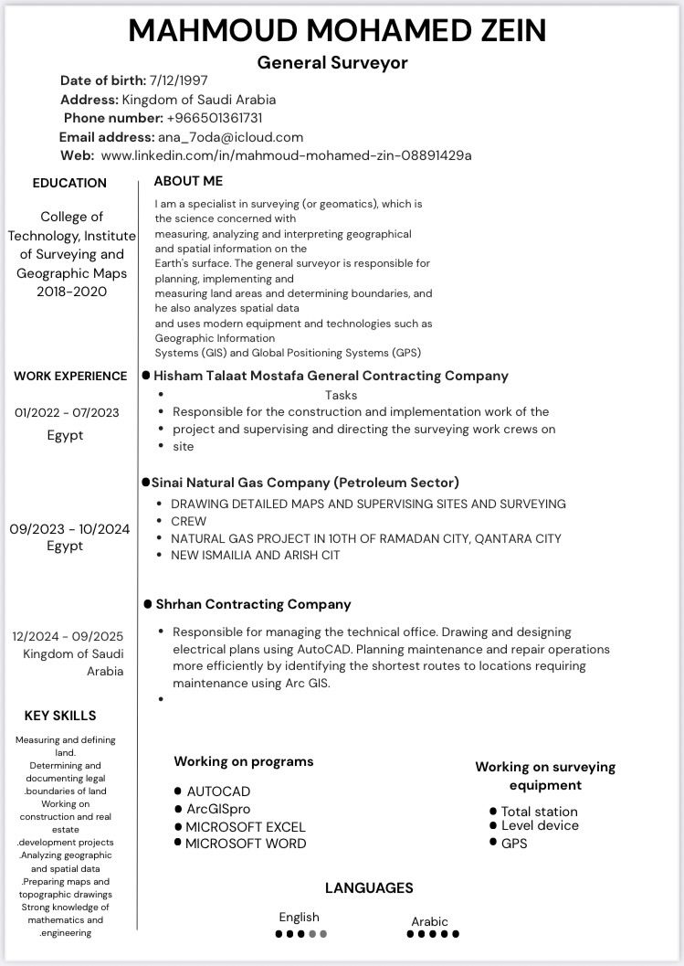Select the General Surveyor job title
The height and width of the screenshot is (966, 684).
click(x=332, y=62)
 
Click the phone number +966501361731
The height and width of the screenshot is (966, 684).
click(x=215, y=118)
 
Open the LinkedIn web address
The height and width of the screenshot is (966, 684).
click(x=286, y=155)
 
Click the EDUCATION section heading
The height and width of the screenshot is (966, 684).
click(x=69, y=183)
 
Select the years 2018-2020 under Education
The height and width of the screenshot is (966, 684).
click(x=72, y=292)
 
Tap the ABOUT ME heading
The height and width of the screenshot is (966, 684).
click(x=188, y=181)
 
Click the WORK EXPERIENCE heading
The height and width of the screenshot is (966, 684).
click(x=70, y=376)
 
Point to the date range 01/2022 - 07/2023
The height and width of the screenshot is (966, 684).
click(x=67, y=413)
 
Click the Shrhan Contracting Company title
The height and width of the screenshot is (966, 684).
click(x=253, y=604)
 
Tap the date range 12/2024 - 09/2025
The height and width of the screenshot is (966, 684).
click(x=68, y=636)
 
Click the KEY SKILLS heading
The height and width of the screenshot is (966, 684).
click(x=60, y=716)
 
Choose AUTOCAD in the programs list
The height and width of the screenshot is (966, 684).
click(x=218, y=791)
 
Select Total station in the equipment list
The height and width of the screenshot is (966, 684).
click(x=539, y=812)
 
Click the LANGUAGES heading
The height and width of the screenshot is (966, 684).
click(x=369, y=887)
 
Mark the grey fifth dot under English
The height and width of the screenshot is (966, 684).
click(x=323, y=934)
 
